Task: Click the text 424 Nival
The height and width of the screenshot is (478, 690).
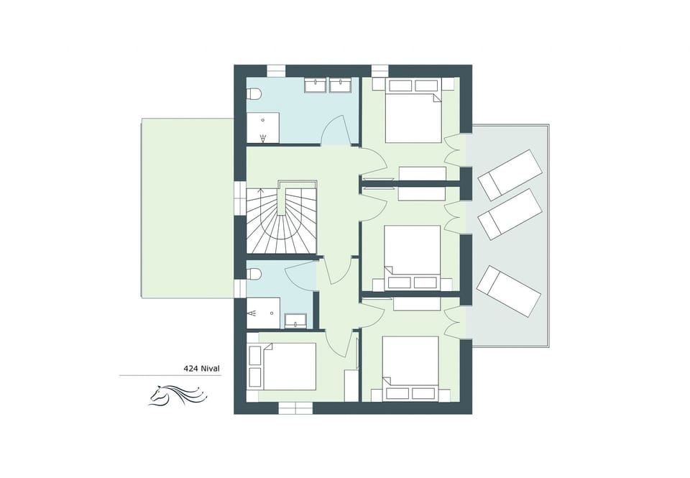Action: click(x=201, y=369)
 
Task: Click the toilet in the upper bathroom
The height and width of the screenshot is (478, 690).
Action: click(x=252, y=93)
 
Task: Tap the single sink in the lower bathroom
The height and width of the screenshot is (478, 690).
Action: click(x=296, y=320)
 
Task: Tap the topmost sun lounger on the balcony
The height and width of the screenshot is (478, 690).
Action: click(x=510, y=174)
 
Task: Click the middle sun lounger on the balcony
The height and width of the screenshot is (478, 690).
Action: click(x=510, y=213)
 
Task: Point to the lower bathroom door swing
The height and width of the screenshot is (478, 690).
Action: click(x=301, y=274)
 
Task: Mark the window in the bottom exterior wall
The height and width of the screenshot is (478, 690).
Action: click(x=296, y=408)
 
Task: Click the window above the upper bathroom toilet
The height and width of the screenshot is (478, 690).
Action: click(x=277, y=70)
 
